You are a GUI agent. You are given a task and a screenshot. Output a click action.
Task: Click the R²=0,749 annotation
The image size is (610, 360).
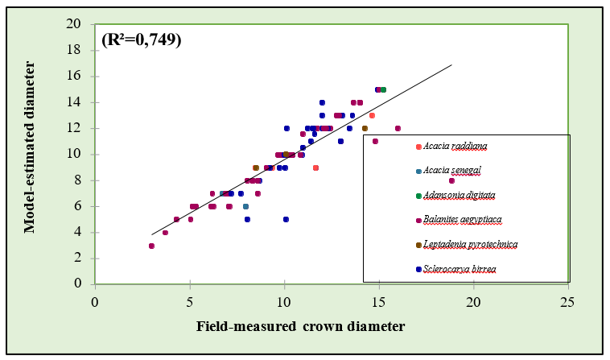pyautogui.click(x=141, y=39)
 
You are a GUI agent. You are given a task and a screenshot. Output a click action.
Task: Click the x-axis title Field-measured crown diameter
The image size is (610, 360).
pyautogui.click(x=300, y=326)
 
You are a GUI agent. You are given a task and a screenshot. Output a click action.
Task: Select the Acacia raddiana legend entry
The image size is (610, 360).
pyautogui.click(x=455, y=146)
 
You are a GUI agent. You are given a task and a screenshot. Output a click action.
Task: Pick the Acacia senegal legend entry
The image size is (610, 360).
pyautogui.click(x=454, y=170)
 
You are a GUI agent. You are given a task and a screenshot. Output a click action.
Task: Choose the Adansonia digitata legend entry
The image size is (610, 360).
pyautogui.click(x=460, y=194)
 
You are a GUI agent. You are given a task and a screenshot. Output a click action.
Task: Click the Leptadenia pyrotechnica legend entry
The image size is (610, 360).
pyautogui.click(x=470, y=243)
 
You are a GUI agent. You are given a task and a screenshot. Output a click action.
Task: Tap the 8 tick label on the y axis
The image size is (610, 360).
pyautogui.click(x=77, y=180)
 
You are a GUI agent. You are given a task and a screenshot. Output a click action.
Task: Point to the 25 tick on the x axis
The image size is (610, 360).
pyautogui.click(x=568, y=300)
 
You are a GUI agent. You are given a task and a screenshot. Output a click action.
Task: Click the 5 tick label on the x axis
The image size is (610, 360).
pyautogui.click(x=190, y=300)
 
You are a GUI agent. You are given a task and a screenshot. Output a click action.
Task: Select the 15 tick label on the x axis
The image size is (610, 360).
pyautogui.click(x=379, y=300)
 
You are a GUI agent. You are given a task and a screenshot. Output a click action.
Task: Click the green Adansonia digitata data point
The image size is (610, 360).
pyautogui.click(x=383, y=89)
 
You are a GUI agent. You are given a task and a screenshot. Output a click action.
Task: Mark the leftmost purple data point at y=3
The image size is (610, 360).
pyautogui.click(x=151, y=246)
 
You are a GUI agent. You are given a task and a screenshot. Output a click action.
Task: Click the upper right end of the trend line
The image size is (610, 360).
pyautogui.click(x=451, y=65)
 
